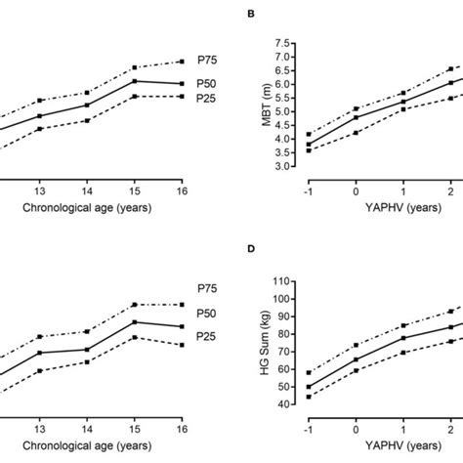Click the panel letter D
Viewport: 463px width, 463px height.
pyautogui.click(x=252, y=251)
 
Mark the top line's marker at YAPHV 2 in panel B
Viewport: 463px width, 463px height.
pyautogui.click(x=450, y=69)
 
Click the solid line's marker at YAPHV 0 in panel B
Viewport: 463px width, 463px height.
pyautogui.click(x=356, y=117)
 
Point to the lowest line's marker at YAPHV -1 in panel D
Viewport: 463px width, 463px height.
pyautogui.click(x=309, y=397)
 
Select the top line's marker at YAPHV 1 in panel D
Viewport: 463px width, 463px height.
pyautogui.click(x=403, y=326)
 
